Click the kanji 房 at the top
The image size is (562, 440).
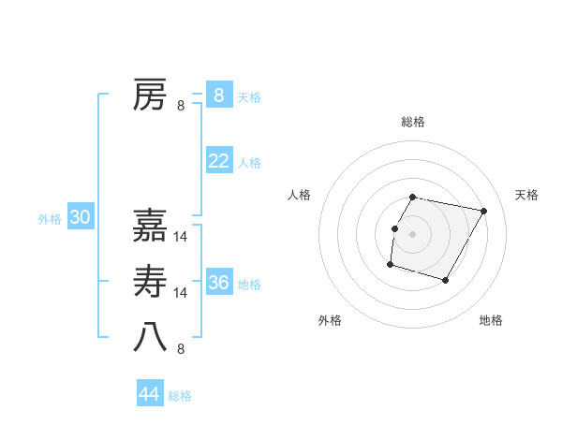point(150,95)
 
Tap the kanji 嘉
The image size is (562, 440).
point(150,225)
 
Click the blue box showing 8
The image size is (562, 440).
point(218,95)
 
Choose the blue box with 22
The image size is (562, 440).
point(218,161)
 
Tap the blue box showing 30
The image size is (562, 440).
point(80,218)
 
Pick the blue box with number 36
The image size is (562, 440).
point(218,283)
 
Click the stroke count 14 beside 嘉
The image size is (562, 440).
point(182,237)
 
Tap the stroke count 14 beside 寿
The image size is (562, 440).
point(182,293)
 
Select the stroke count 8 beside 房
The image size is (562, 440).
point(181,106)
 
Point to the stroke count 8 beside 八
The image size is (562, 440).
point(181,349)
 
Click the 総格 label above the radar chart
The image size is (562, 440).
point(413,123)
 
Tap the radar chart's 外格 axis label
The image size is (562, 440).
point(330,320)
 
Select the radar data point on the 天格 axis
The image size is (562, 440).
point(484,212)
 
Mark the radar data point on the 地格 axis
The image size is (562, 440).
point(446,281)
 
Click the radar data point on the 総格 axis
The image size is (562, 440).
point(413,198)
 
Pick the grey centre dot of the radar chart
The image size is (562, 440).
point(413,234)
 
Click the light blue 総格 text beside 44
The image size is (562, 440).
point(180,396)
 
